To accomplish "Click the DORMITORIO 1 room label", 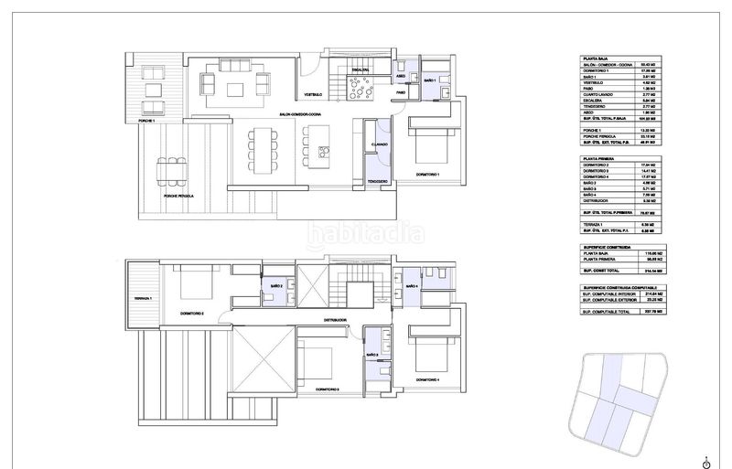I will coord(428,174).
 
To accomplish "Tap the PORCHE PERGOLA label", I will coord(171,196).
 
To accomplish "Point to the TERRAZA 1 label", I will coord(143,298).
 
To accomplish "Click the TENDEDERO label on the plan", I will coord(380,181).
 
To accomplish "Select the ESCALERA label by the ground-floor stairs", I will coord(359,69).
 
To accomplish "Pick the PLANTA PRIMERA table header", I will coord(599,158).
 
